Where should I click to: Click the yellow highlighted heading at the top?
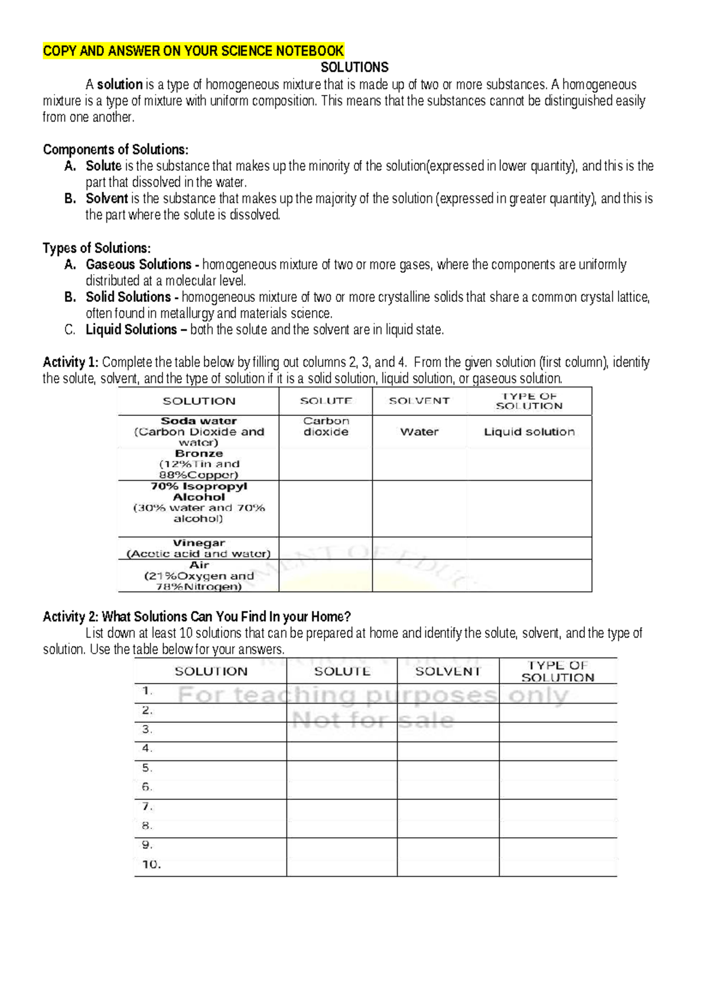click(193, 51)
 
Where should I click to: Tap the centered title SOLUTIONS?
click(354, 67)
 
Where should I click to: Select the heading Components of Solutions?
click(116, 149)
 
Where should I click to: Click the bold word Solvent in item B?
click(107, 199)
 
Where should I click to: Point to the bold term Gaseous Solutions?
click(138, 265)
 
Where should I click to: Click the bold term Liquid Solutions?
click(131, 330)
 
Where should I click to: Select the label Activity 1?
click(70, 362)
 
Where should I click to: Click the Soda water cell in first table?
click(199, 421)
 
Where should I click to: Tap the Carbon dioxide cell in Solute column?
click(326, 427)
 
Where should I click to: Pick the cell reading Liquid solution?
click(529, 432)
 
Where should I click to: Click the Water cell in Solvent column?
click(419, 432)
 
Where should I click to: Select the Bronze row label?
click(199, 454)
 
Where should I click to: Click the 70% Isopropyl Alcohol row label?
click(199, 492)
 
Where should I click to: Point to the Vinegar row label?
click(199, 543)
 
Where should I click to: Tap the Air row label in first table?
click(199, 565)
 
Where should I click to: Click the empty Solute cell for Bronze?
click(326, 464)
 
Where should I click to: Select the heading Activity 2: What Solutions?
click(197, 617)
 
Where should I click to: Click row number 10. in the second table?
click(151, 864)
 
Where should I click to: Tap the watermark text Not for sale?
click(373, 720)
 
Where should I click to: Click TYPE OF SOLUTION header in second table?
click(557, 672)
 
